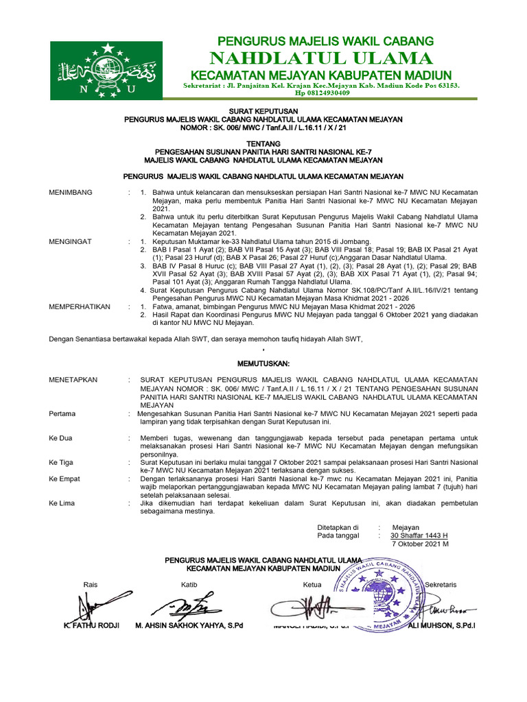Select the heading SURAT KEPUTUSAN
coord(263,111)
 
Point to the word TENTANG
coord(263,145)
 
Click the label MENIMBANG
coord(70,193)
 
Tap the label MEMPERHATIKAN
coord(78,306)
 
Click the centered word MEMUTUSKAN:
coord(263,363)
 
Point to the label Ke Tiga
coord(60,462)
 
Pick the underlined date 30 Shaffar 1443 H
coord(419,535)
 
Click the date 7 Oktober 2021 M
coord(419,543)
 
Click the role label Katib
coord(189,584)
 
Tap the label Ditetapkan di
coord(338,527)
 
